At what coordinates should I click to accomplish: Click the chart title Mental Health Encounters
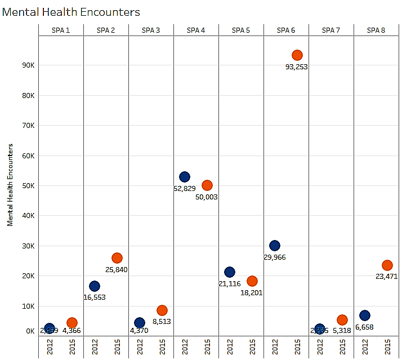(71, 12)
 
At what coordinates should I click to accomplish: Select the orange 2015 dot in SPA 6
(297, 55)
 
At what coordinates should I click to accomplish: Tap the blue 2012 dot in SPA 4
(185, 177)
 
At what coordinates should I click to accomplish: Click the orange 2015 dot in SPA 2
(117, 258)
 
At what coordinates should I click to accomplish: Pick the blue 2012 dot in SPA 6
(275, 246)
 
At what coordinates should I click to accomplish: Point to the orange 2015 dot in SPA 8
(387, 265)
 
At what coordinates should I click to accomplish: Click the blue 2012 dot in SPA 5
(230, 272)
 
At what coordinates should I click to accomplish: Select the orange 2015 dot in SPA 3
(162, 310)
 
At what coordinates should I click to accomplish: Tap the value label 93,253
(297, 67)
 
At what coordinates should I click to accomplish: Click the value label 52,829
(185, 189)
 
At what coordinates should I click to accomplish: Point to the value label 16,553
(94, 297)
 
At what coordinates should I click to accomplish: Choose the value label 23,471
(387, 277)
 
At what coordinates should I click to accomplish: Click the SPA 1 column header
(60, 30)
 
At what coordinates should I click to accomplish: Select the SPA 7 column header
(331, 30)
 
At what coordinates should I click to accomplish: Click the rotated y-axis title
(10, 184)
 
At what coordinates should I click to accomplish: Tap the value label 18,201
(251, 292)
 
